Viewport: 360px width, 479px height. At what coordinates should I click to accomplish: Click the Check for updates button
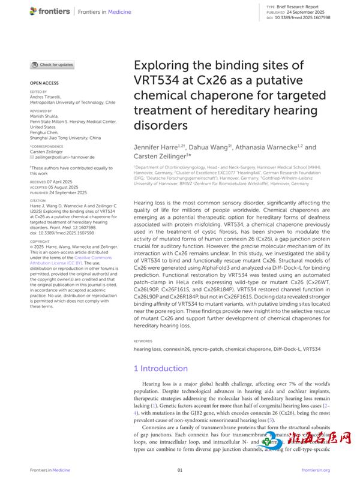53,65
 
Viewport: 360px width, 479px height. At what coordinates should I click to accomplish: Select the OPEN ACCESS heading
44,83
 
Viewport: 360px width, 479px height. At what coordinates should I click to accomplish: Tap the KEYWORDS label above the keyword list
143,341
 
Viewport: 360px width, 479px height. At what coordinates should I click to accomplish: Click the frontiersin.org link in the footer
316,471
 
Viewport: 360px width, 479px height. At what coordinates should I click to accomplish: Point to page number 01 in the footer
179,471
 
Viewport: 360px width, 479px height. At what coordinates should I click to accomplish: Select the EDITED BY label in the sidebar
38,92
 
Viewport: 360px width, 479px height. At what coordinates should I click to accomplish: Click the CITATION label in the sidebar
38,201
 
